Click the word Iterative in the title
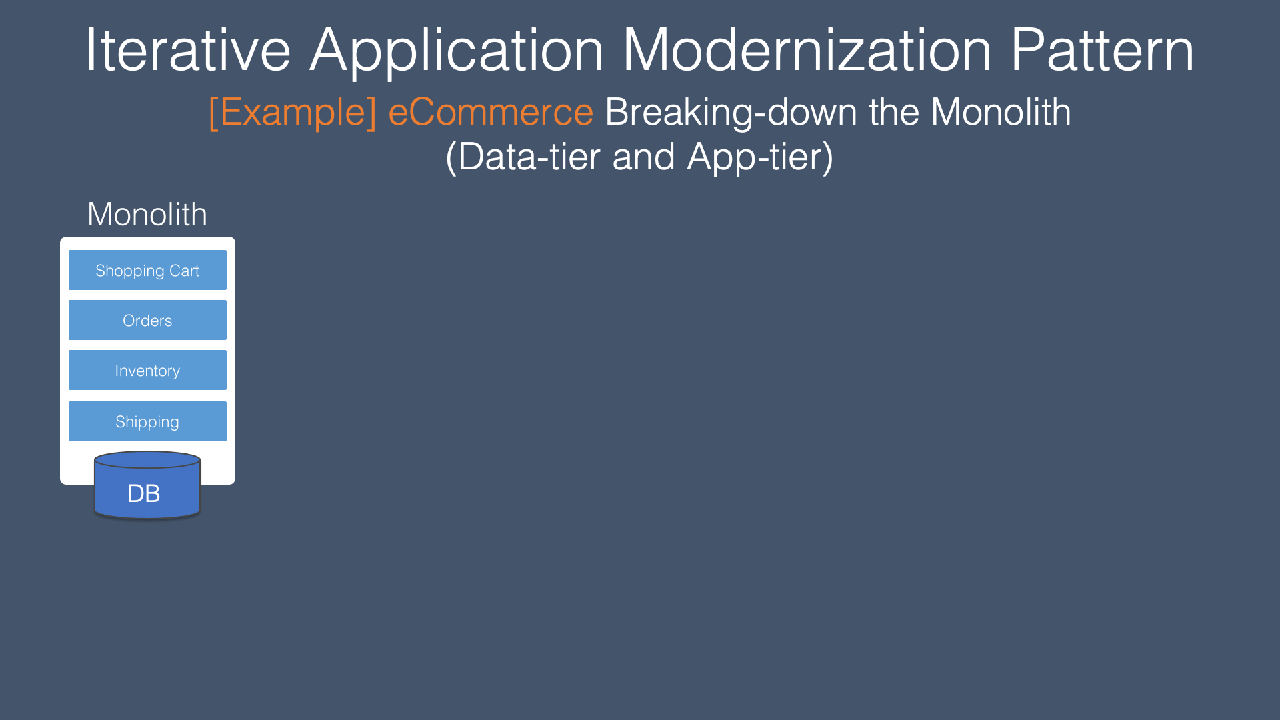point(189,50)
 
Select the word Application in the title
point(457,52)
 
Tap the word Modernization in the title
point(807,50)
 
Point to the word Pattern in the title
point(1103,50)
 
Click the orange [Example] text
point(293,113)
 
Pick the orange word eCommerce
point(491,112)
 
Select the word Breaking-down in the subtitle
point(731,113)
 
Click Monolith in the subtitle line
point(1001,111)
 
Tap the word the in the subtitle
point(894,111)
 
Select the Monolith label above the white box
point(147,214)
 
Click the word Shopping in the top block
point(130,271)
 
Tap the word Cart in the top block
point(184,271)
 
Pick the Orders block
point(147,320)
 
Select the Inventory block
point(147,370)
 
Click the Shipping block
point(147,421)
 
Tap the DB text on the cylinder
point(144,494)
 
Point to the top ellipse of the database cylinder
point(147,452)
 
